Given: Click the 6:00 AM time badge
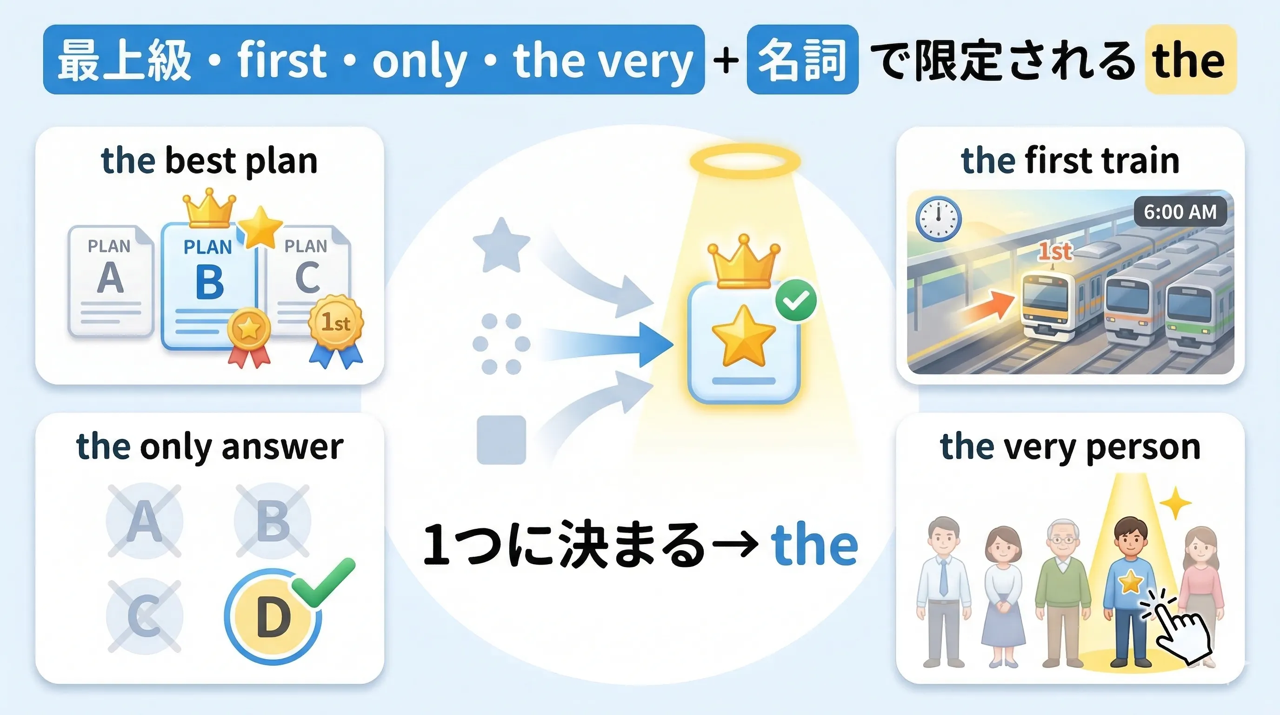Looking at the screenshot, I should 1180,212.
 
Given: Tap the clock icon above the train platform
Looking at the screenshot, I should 938,219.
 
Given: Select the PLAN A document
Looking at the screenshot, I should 110,282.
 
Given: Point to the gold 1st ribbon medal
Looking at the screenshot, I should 336,323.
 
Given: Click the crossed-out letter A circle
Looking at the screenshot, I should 144,521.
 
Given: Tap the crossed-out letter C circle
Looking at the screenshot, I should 144,615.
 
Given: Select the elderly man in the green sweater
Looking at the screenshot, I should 1063,592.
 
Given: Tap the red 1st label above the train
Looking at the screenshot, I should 1054,251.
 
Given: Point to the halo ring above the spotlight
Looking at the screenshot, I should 745,162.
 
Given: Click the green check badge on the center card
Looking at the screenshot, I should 796,300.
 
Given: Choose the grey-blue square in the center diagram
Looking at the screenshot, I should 501,440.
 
